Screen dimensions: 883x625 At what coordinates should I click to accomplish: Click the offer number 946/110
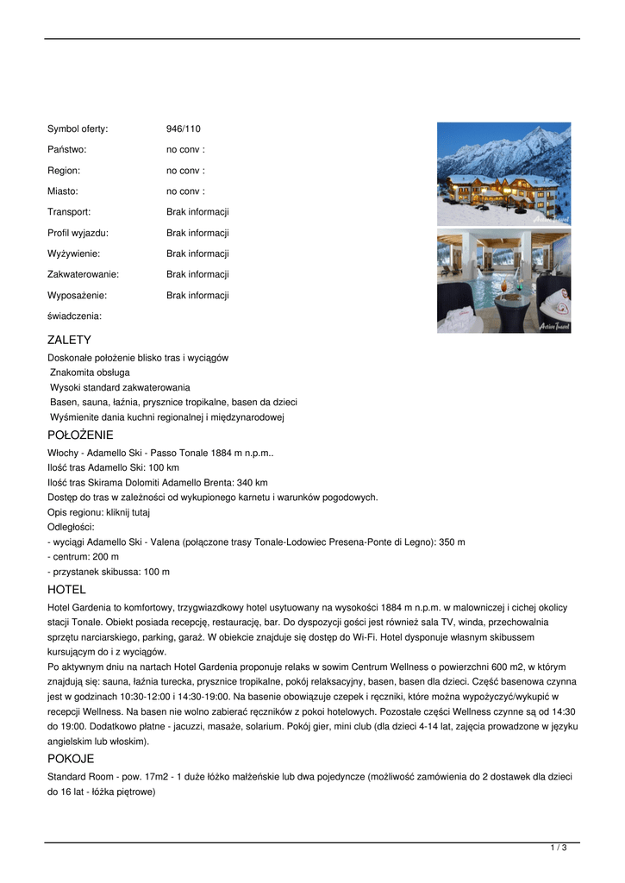click(x=183, y=128)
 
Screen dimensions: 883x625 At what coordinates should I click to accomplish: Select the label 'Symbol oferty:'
click(x=78, y=128)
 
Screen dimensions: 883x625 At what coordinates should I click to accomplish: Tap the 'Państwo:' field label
click(x=67, y=149)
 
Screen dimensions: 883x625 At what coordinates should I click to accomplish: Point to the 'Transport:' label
click(x=69, y=212)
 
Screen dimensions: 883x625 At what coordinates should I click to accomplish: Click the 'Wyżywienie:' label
click(x=73, y=254)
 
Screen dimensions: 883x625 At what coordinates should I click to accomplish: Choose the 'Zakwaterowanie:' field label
click(x=83, y=274)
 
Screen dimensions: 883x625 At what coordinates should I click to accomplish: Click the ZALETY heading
click(x=69, y=340)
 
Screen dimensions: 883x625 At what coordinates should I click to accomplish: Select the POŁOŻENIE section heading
click(x=80, y=435)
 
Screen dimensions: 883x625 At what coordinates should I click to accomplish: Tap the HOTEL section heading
click(x=66, y=590)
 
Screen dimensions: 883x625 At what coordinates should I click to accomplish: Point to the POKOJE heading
click(x=71, y=759)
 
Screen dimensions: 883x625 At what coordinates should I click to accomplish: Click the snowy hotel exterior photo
click(x=503, y=173)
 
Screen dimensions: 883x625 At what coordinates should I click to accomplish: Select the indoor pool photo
click(x=503, y=281)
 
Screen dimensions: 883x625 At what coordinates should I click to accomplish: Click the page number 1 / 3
click(x=559, y=849)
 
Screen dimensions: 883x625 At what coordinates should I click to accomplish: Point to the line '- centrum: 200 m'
click(x=83, y=557)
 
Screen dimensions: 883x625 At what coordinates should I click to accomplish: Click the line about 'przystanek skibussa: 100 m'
click(x=109, y=572)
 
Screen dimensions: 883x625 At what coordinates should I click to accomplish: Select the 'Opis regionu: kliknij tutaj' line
click(x=98, y=512)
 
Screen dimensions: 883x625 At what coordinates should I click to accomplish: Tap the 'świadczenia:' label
click(x=74, y=316)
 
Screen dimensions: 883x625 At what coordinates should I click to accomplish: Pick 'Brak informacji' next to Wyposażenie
click(x=197, y=295)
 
